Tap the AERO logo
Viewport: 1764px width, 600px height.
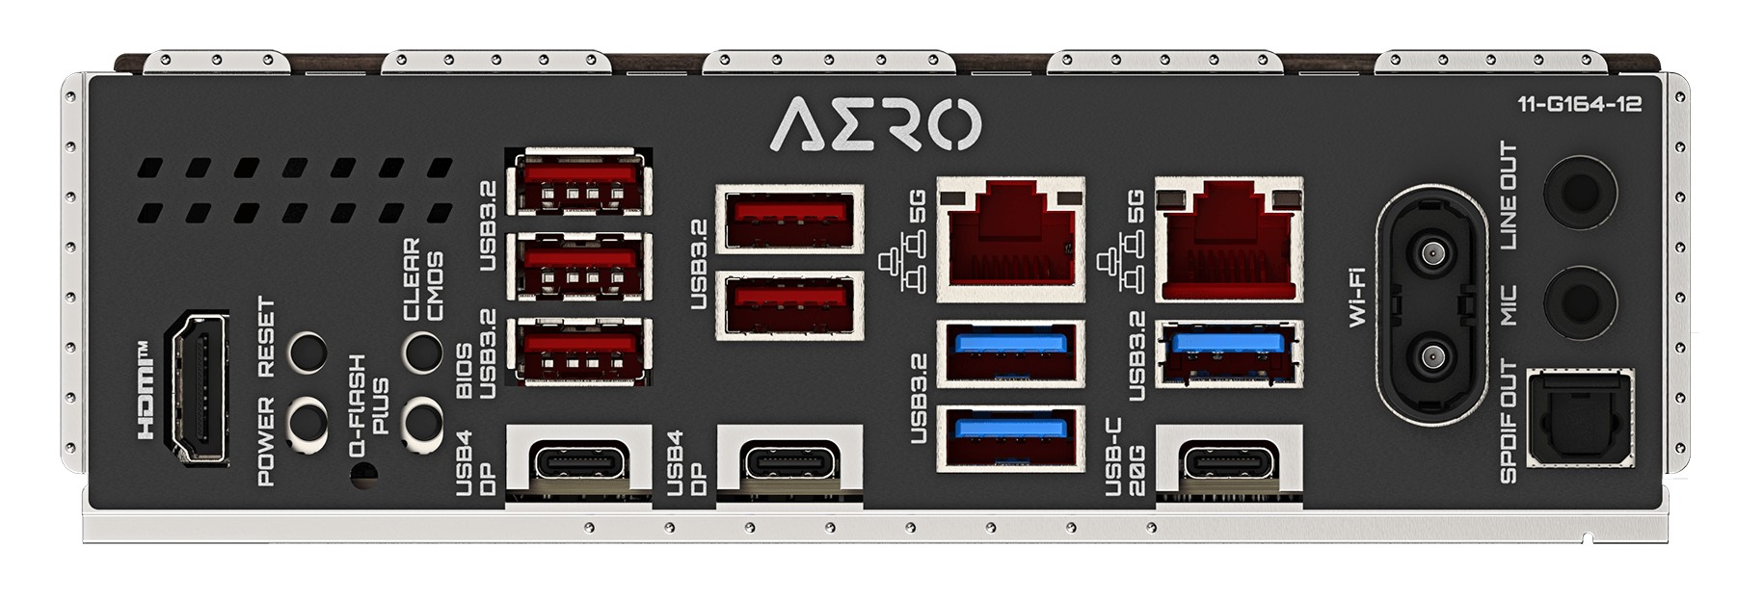pyautogui.click(x=876, y=124)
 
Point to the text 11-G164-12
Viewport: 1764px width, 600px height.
pyautogui.click(x=1579, y=105)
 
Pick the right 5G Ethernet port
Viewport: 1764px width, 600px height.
pyautogui.click(x=1229, y=238)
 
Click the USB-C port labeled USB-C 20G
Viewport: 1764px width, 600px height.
pyautogui.click(x=1229, y=460)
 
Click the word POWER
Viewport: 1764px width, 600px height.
pyautogui.click(x=267, y=439)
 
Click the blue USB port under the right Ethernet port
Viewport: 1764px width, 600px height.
pyautogui.click(x=1229, y=352)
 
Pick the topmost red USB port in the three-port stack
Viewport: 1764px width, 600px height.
pyautogui.click(x=579, y=182)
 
